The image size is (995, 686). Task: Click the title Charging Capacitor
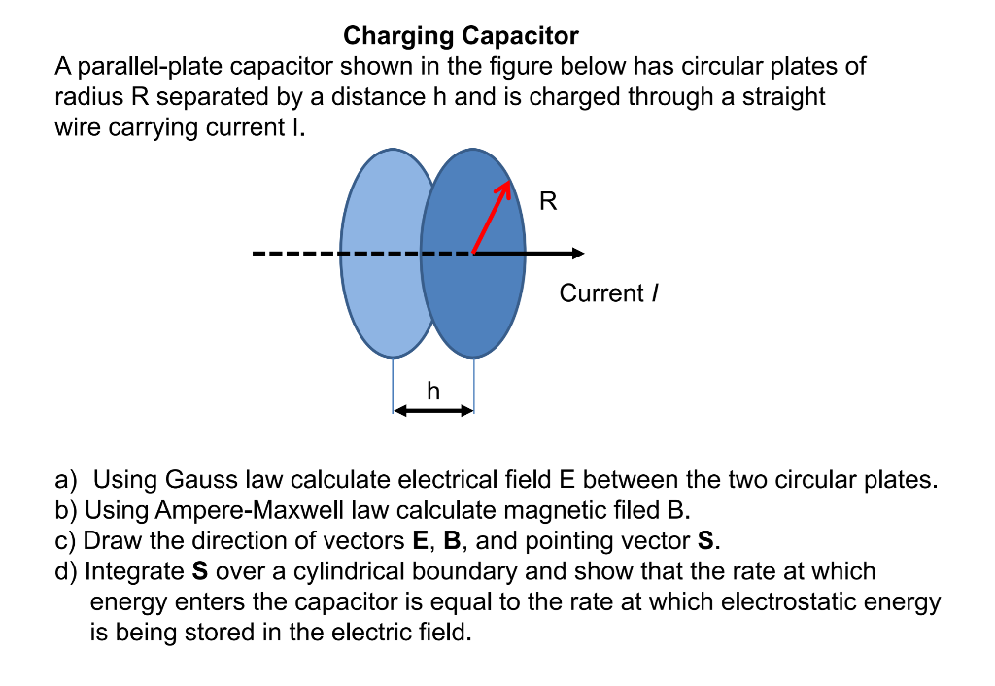coord(461,37)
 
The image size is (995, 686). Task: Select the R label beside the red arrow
coord(548,202)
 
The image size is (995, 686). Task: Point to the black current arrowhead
coord(578,254)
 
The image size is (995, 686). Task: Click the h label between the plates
coord(433,391)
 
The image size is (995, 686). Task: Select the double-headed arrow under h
coord(433,411)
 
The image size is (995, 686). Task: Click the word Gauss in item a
coord(201,479)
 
